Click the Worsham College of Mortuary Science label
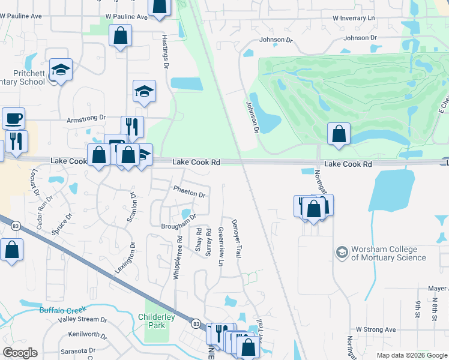pos(388,254)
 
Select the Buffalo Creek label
pos(63,310)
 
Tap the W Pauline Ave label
pos(126,17)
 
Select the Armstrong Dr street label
pos(86,119)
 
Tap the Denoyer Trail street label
pos(238,239)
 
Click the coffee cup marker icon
pos(13,118)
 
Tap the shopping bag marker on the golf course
pos(339,133)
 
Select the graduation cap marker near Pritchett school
pos(61,70)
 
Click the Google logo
pos(20,353)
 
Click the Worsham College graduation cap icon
pos(342,251)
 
